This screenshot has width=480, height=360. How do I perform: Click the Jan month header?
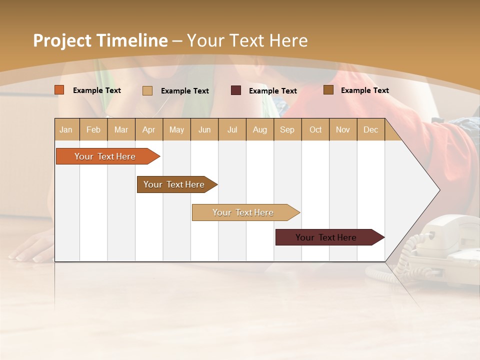click(x=66, y=129)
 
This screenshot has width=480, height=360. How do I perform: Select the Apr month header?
click(x=148, y=129)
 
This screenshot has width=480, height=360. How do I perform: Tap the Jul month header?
click(x=232, y=129)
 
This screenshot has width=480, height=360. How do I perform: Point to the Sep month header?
click(x=287, y=129)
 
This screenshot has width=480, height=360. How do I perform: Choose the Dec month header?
click(x=370, y=129)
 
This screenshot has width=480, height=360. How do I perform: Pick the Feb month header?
click(x=93, y=129)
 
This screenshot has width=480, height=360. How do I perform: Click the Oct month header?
click(x=315, y=129)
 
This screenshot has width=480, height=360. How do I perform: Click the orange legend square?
click(x=59, y=90)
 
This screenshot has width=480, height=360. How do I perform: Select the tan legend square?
click(x=147, y=90)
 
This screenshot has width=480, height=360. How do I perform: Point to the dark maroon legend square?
click(x=236, y=90)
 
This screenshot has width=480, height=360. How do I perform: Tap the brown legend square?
click(x=328, y=90)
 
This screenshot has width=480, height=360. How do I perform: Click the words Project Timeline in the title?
click(x=100, y=40)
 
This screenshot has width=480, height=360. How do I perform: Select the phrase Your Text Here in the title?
click(x=247, y=40)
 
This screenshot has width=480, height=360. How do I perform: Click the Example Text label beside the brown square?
click(x=365, y=90)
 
